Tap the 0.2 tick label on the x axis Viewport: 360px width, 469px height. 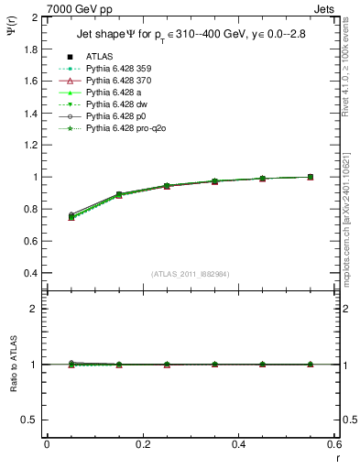click(x=142, y=444)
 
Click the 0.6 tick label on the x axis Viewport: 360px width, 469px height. click(x=333, y=444)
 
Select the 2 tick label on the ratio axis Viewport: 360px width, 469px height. click(x=35, y=309)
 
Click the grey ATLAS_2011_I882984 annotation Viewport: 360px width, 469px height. click(x=191, y=274)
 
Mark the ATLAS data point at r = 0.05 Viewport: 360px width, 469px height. click(x=71, y=216)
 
